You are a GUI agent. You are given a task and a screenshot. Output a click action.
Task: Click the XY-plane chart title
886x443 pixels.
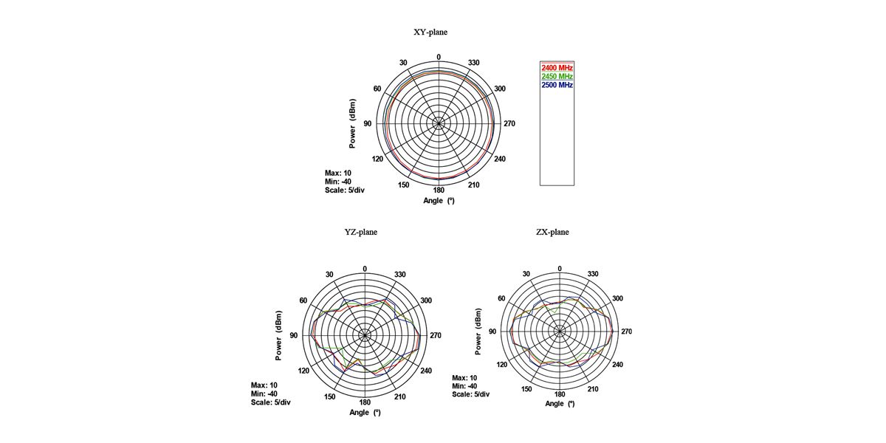click(x=430, y=32)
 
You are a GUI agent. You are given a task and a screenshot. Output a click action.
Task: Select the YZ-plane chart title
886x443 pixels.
click(x=361, y=232)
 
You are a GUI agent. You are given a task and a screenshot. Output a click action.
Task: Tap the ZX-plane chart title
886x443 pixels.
click(x=552, y=232)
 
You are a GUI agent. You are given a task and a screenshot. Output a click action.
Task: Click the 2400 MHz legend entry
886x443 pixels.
click(x=557, y=68)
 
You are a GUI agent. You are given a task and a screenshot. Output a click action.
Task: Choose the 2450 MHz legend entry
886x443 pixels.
click(x=557, y=76)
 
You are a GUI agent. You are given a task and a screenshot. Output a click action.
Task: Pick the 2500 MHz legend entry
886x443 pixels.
click(x=557, y=85)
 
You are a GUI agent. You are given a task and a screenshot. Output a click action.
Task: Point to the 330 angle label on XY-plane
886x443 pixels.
click(x=473, y=63)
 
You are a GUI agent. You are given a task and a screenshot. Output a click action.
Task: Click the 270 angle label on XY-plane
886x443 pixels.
click(x=509, y=124)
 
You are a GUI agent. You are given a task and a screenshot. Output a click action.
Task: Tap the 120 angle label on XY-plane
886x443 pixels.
click(x=377, y=159)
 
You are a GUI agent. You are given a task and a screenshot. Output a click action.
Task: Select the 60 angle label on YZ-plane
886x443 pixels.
click(x=303, y=301)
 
